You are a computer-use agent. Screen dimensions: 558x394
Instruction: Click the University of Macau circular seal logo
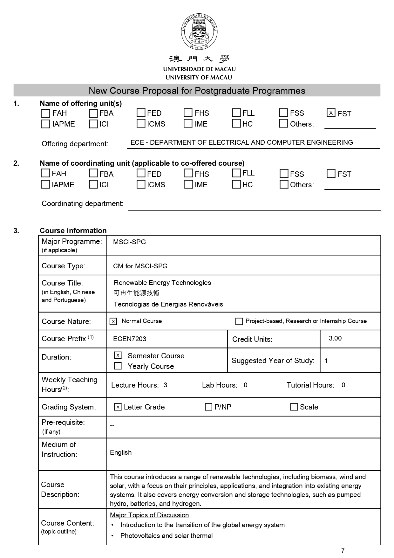199,31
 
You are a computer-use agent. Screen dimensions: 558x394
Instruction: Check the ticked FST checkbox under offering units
331,113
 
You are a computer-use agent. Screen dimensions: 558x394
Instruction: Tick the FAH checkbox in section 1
46,113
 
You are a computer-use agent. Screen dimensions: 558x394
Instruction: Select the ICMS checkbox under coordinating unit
141,184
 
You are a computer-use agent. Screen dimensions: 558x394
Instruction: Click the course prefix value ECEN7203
130,339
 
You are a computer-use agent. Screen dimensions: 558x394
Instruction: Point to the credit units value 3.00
335,338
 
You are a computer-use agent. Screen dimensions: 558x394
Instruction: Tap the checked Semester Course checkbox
118,355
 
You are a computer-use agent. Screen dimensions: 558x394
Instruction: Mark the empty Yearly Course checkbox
118,366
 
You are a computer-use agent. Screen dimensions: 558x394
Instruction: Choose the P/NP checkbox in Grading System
208,407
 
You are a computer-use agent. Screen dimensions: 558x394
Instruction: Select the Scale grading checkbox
294,407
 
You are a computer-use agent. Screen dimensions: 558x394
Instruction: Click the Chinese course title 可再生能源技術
136,293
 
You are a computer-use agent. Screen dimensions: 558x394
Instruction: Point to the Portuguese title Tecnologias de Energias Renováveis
168,304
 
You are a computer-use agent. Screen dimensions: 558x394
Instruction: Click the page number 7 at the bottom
343,551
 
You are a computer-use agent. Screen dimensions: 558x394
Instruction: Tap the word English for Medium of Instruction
121,452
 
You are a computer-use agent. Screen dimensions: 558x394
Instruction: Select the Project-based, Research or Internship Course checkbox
239,321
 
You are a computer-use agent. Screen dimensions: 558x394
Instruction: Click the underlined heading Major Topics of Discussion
149,515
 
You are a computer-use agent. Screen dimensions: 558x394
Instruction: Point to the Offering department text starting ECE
241,142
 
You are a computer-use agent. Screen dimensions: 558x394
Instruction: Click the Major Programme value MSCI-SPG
129,242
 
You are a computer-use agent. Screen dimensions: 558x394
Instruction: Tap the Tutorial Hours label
310,385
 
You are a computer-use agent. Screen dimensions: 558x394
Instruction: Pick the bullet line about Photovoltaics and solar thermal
166,536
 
